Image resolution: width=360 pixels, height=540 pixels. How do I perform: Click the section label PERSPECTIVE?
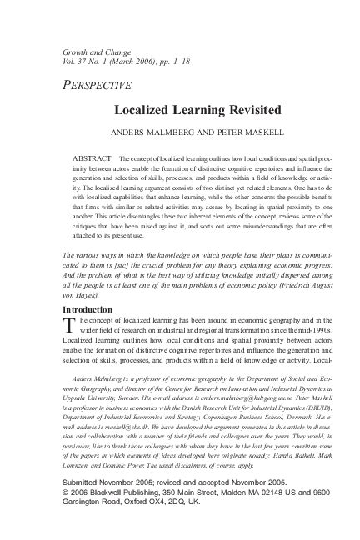pos(97,84)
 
